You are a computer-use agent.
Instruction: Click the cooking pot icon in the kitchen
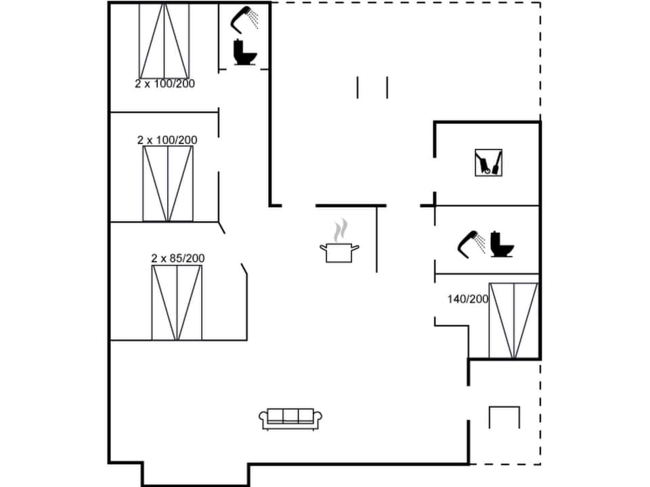(339, 252)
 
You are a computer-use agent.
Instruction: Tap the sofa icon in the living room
(290, 419)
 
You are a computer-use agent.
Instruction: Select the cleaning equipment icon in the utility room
(488, 162)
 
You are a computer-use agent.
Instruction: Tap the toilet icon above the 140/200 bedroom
(502, 244)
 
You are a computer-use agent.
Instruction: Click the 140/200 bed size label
(467, 298)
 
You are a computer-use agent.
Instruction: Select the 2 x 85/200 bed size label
(177, 258)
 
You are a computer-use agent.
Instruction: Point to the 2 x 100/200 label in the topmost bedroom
(165, 84)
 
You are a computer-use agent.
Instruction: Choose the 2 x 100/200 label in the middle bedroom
(167, 140)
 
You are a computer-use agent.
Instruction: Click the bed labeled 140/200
(513, 320)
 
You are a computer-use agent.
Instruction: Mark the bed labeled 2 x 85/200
(177, 302)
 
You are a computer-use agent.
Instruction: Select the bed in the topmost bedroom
(164, 41)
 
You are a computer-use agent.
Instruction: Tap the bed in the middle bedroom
(168, 183)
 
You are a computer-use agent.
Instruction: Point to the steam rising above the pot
(343, 229)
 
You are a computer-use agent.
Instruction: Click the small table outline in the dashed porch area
(504, 417)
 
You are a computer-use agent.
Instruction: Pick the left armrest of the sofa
(263, 419)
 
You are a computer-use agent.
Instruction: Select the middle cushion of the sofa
(290, 416)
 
